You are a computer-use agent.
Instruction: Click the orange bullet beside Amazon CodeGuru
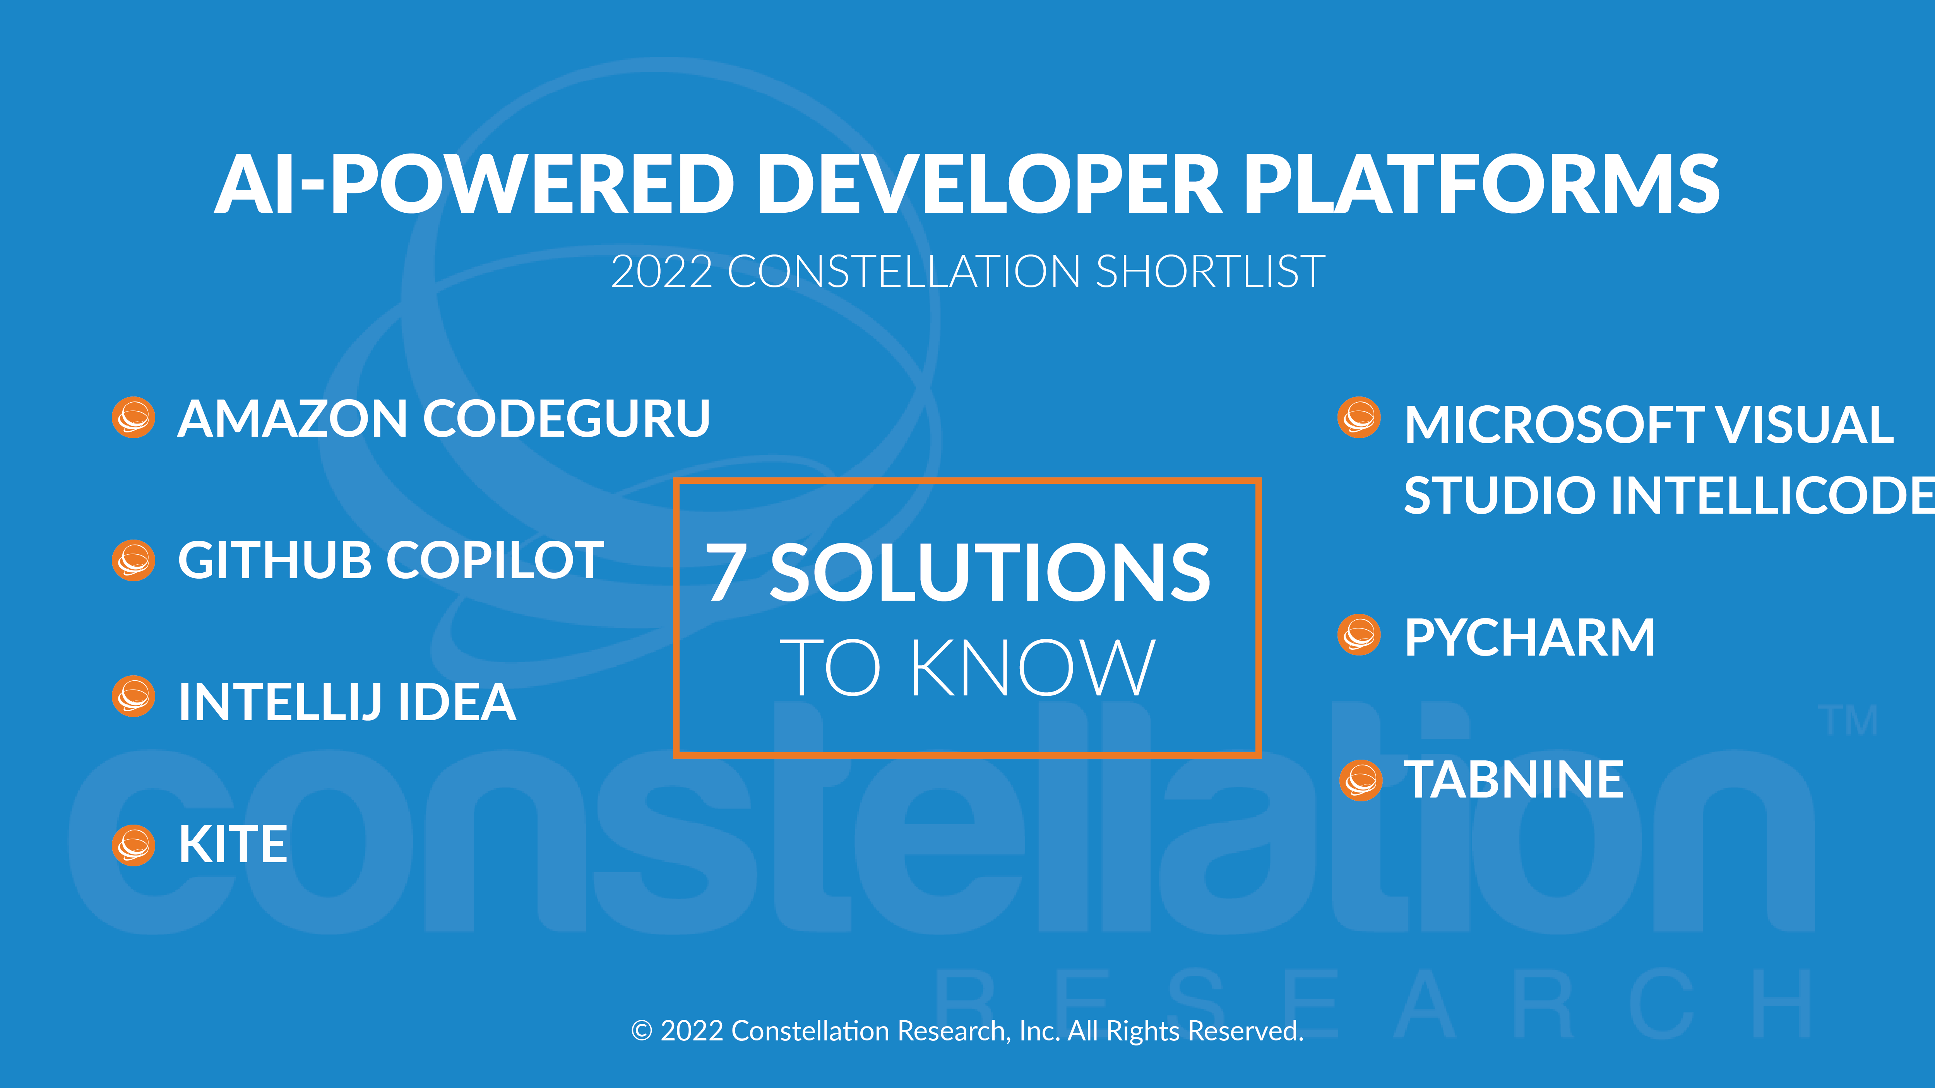(134, 417)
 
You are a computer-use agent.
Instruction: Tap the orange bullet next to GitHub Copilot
(134, 560)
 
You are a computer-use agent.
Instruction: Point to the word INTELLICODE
(1669, 495)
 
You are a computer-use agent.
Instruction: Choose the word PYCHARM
(1529, 637)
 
